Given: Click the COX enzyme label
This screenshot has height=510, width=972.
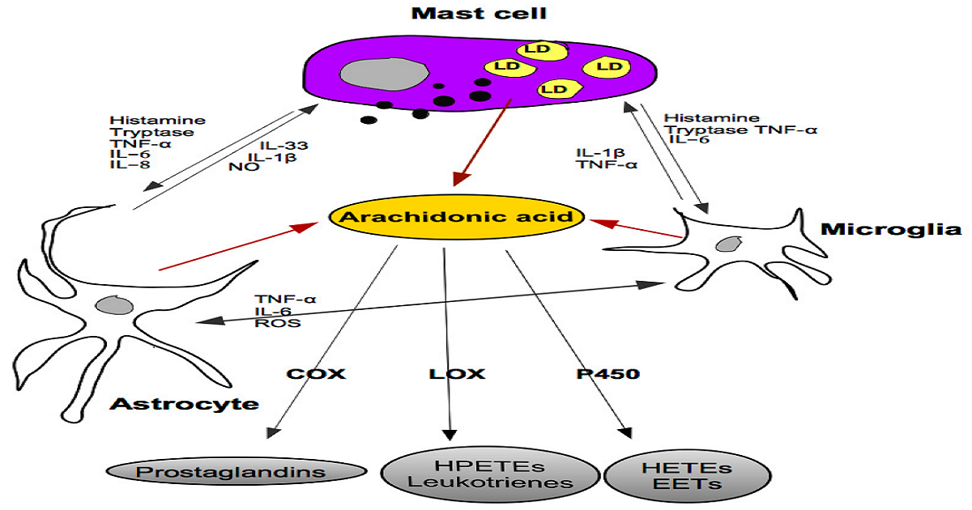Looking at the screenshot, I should click(x=315, y=374).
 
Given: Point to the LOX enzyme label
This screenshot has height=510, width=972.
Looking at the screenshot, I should click(x=456, y=374).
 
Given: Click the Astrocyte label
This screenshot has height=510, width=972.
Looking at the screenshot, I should click(x=185, y=404).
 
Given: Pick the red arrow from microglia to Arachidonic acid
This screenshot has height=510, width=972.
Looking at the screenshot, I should click(x=637, y=227).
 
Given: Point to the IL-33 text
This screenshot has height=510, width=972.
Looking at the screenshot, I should click(x=278, y=145).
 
